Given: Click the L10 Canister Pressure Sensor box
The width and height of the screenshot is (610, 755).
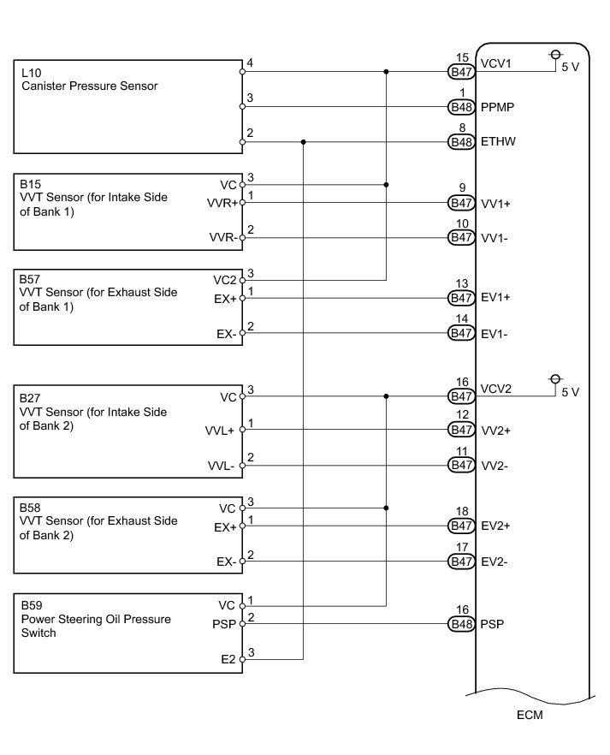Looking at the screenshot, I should coord(128,107).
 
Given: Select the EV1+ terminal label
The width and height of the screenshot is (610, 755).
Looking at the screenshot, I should coord(495,298).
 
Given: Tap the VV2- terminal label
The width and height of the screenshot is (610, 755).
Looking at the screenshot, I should coord(495,466).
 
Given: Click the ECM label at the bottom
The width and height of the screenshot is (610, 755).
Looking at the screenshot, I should coord(530,714).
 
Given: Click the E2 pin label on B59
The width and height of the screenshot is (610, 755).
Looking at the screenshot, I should coord(228,660).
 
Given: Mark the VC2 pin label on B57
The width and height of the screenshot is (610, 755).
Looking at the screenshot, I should coord(227,279).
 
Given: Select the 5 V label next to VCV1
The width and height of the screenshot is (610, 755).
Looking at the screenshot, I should coord(570,68).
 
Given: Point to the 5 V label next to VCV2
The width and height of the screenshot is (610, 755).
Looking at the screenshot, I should coord(570,392).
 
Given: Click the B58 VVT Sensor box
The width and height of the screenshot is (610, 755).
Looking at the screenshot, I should coord(128,535).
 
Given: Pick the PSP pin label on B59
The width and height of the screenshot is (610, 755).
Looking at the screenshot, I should coord(225,624).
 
